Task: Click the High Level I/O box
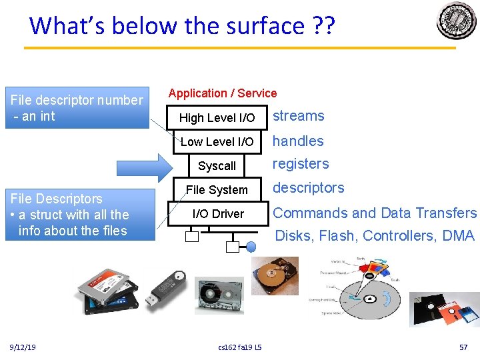pos(217,118)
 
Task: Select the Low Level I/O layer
pos(217,142)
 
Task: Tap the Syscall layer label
pos(217,166)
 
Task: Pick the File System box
pos(217,190)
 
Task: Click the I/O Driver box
pos(218,214)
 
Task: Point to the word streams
pos(299,116)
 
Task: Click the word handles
pos(298,141)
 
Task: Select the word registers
pos(301,164)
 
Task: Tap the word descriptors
pos(309,188)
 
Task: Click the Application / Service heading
pos(222,93)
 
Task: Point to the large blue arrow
pos(144,166)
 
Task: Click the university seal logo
pos(457,21)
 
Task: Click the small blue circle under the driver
pos(251,247)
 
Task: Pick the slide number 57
pos(464,347)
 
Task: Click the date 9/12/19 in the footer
pos(23,347)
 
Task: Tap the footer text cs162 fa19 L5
pos(240,347)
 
